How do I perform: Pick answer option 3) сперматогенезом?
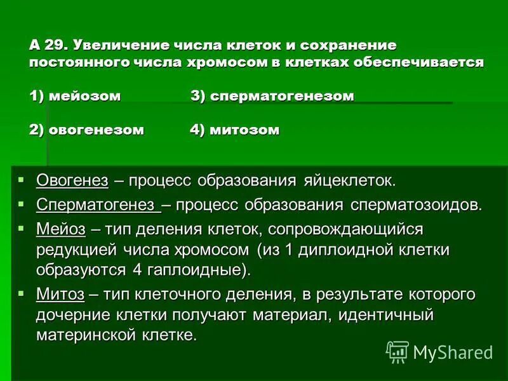[x=272, y=96]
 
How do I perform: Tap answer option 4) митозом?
[x=234, y=130]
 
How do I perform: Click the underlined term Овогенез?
[x=72, y=180]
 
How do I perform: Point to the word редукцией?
[x=77, y=250]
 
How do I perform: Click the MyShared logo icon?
[x=397, y=351]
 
